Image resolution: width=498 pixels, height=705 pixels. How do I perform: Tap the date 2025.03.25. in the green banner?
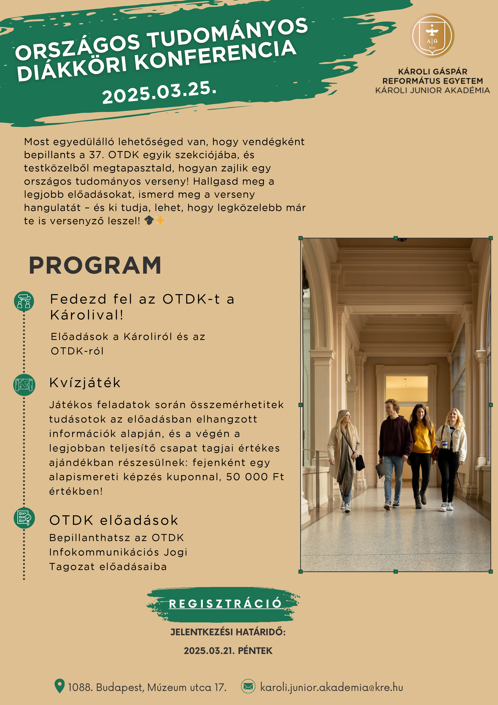click(x=159, y=92)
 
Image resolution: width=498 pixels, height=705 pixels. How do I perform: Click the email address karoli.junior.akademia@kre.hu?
click(x=331, y=687)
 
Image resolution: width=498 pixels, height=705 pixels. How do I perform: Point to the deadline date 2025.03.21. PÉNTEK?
click(x=228, y=651)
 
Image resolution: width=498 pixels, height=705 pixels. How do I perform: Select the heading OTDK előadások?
click(x=114, y=520)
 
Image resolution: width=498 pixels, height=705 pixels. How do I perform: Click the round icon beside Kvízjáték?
click(x=24, y=385)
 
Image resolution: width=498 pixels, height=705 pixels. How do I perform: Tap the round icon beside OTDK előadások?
click(x=24, y=518)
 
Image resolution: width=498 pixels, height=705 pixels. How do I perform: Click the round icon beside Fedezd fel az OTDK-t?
click(x=24, y=301)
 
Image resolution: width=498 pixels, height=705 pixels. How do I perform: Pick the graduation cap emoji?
click(x=149, y=220)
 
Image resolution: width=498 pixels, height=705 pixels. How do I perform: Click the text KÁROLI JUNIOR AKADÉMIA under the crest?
click(x=432, y=90)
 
